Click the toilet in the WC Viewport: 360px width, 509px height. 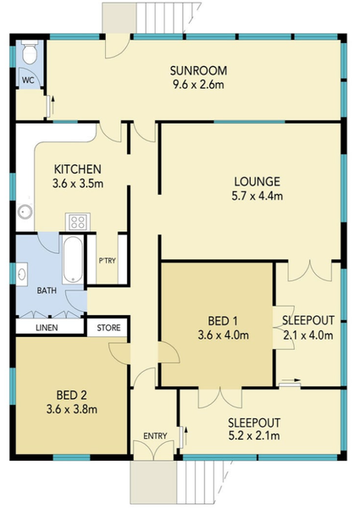pos(30,53)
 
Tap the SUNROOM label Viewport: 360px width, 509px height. pos(198,71)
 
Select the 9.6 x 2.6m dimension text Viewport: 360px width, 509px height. pos(198,85)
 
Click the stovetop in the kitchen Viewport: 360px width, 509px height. pos(78,222)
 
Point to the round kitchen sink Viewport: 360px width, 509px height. pos(25,212)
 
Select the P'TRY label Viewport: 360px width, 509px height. pos(107,261)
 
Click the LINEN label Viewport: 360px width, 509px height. pos(47,328)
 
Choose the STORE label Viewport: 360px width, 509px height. pos(108,328)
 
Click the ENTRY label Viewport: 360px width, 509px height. pos(155,436)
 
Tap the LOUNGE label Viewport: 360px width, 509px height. pos(258,181)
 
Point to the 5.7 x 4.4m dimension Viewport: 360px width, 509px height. pos(258,196)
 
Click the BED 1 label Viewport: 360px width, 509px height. pos(223,321)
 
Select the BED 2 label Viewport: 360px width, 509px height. pos(71,395)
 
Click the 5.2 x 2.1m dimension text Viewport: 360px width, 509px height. pos(254,435)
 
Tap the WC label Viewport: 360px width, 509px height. pos(28,80)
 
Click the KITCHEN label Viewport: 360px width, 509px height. pos(78,169)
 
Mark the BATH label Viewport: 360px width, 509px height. pos(47,290)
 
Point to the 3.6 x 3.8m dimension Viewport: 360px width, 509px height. pos(72,409)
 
